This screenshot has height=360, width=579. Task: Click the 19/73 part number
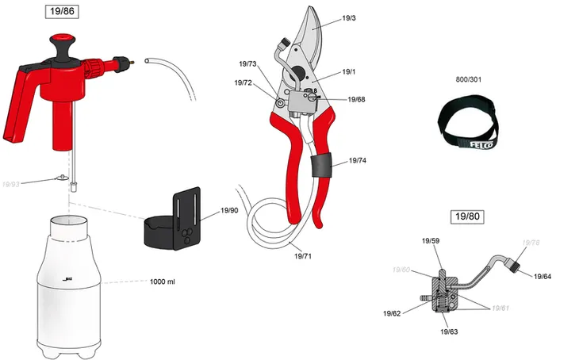(x=247, y=63)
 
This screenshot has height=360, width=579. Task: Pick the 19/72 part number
(x=243, y=82)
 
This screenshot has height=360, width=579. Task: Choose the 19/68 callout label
(x=355, y=99)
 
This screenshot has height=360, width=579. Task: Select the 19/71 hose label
(x=303, y=256)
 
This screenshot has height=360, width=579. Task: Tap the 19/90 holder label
(x=229, y=210)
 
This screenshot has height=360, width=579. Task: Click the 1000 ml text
(x=162, y=281)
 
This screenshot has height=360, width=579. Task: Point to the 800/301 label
(x=468, y=80)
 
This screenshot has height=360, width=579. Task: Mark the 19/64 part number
(x=543, y=276)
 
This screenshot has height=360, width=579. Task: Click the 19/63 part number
(x=449, y=331)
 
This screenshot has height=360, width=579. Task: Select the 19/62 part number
(x=392, y=313)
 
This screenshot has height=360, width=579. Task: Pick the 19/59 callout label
(x=431, y=239)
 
